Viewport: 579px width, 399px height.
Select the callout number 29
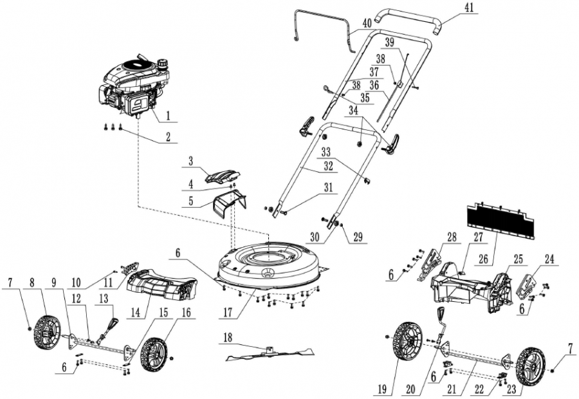click(358, 237)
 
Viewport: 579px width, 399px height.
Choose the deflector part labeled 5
click(230, 201)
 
